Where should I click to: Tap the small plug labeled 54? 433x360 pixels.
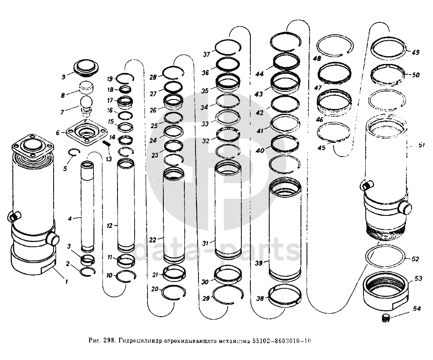pos(385,318)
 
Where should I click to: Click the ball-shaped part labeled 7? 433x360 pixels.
pos(87,103)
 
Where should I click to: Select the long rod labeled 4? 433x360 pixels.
pos(88,206)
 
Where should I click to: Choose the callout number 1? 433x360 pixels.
pos(66,281)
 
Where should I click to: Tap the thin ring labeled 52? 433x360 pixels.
pos(385,259)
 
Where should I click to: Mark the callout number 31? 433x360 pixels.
pos(206,243)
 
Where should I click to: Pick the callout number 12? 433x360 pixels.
pos(109,225)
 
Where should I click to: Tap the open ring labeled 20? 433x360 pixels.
pos(173,292)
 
